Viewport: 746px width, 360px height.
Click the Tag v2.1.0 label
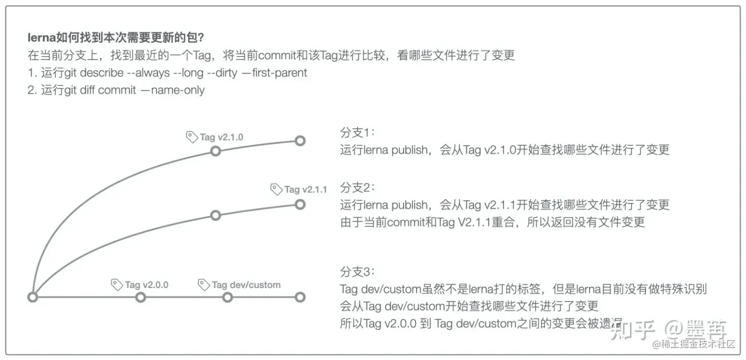click(221, 137)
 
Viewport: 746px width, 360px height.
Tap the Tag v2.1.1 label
click(306, 190)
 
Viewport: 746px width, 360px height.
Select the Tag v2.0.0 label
click(147, 285)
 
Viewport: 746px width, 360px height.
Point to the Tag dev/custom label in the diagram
click(246, 285)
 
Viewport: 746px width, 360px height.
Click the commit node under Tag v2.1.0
click(216, 151)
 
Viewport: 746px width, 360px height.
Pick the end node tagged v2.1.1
click(299, 204)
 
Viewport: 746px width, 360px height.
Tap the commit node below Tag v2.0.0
click(140, 297)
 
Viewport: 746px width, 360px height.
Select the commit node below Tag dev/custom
click(227, 297)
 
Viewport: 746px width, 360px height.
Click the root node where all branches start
click(33, 297)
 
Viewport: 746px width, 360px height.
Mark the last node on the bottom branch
click(299, 297)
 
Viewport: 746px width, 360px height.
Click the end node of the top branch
click(299, 140)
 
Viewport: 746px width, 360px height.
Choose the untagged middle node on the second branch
click(216, 215)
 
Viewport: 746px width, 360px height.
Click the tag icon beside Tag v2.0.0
click(117, 284)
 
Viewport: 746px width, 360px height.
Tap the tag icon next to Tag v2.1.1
click(277, 189)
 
